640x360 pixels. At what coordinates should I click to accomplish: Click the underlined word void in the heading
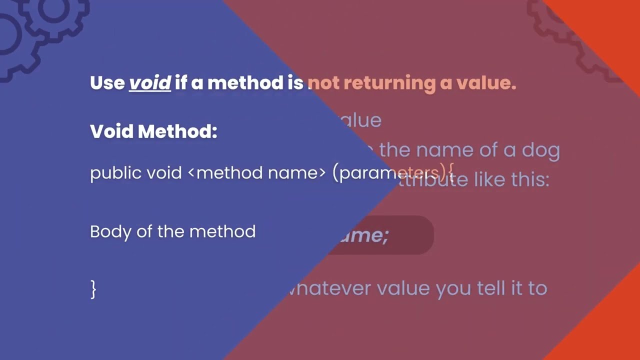tap(150, 83)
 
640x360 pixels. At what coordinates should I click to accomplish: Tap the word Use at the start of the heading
tap(107, 83)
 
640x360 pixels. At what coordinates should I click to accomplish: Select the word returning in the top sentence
tap(389, 83)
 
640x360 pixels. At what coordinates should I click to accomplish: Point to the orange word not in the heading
tap(323, 83)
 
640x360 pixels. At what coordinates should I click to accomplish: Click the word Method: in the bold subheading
tap(177, 131)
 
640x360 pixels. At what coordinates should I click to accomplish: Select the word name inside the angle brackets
tap(293, 173)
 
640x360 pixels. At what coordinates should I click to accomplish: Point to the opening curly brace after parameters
tap(450, 173)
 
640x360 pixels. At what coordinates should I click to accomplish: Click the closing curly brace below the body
tap(93, 289)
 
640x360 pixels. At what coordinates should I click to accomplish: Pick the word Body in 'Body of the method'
tap(106, 231)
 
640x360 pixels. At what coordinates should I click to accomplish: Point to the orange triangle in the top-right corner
tap(605, 25)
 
